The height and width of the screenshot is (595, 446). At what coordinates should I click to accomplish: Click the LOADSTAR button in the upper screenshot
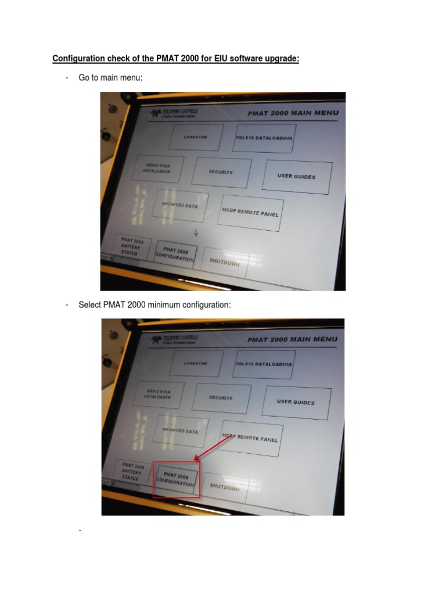coord(195,138)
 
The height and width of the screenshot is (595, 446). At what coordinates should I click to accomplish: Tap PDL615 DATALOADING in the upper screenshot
coord(264,138)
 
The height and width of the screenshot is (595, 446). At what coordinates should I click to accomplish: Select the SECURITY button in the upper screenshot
coord(221,173)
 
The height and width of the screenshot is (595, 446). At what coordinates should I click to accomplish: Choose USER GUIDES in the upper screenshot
coord(297,176)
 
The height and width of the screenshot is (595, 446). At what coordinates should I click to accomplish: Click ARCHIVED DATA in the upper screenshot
coord(180,206)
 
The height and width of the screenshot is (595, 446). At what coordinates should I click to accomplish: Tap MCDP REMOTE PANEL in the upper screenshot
coord(250,213)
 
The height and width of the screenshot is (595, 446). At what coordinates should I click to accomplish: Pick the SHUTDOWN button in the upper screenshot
coord(225,263)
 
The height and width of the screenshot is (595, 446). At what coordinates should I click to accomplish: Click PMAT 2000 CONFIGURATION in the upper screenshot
coord(175,255)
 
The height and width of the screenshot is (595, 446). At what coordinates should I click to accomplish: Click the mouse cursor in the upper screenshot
coord(196,232)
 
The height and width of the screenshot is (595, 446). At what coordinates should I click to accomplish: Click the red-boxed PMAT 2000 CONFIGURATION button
coord(176,479)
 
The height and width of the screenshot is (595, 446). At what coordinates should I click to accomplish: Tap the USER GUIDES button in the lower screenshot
coord(296,402)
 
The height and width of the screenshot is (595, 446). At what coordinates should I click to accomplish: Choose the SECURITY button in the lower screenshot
coord(221,398)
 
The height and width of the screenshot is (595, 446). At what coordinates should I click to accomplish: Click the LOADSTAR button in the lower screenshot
coord(196,363)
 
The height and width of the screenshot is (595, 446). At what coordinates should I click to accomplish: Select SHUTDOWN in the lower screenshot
coord(225,488)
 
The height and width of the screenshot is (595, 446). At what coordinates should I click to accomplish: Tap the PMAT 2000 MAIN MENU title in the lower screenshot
coord(292,339)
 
